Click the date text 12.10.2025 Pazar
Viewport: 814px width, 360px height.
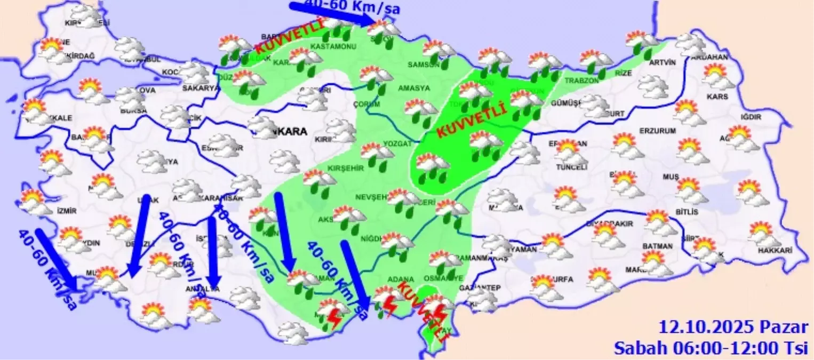click(x=733, y=326)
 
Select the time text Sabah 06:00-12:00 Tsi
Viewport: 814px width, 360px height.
click(x=712, y=348)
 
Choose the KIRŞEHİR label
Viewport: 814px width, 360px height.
click(x=345, y=168)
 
